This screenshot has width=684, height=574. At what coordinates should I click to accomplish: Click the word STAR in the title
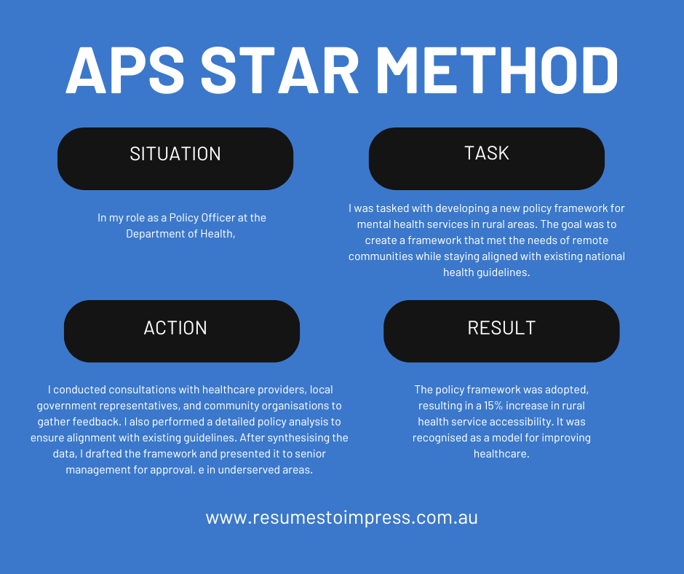[x=279, y=71]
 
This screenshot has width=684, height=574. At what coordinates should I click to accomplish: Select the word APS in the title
[x=125, y=71]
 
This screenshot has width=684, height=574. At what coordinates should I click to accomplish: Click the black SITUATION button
[x=175, y=158]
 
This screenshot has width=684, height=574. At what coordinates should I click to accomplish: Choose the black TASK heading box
[x=486, y=158]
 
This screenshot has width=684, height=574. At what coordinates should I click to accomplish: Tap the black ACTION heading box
[x=182, y=331]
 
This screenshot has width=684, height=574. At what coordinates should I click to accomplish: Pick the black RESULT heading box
[x=501, y=331]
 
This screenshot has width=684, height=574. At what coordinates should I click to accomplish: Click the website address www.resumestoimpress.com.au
[x=341, y=518]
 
